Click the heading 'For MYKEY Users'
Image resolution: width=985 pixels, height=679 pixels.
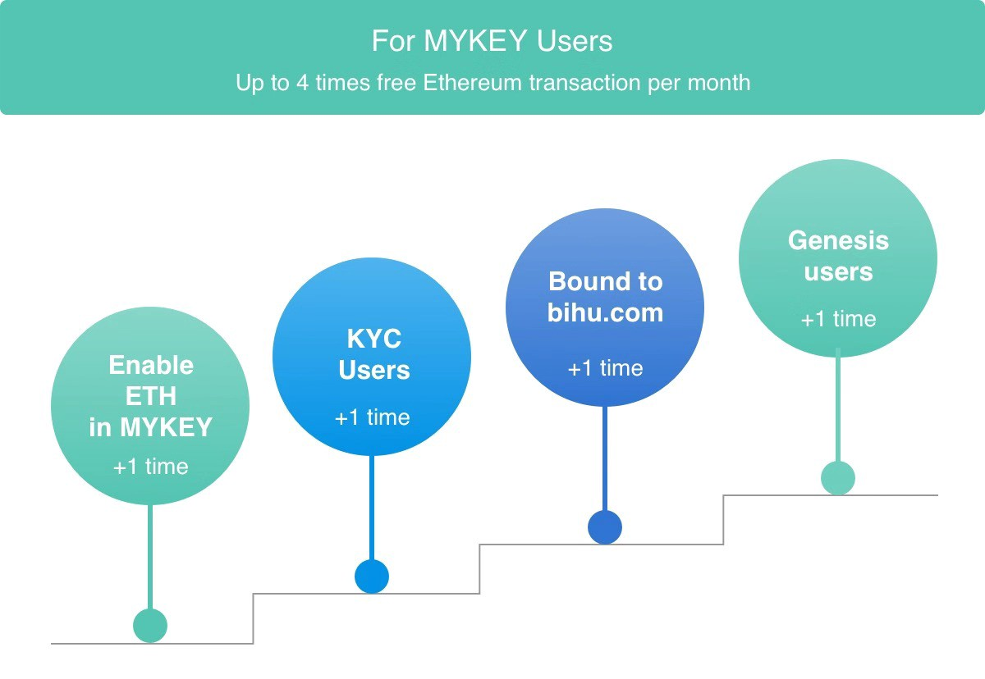pos(492,41)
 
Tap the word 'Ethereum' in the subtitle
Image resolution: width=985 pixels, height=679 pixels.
pos(472,83)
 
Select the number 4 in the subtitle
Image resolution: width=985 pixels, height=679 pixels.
pos(303,83)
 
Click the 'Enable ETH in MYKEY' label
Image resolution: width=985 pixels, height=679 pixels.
pos(150,396)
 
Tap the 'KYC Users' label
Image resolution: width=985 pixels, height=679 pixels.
pos(373,354)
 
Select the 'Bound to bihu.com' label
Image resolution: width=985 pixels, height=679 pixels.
pos(605,297)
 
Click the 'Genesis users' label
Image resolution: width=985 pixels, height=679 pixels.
pos(838,256)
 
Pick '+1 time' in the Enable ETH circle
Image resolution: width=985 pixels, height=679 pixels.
pos(150,467)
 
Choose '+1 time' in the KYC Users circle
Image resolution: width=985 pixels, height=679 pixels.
pos(372,417)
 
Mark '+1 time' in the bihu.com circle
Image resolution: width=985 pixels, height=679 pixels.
pos(605,368)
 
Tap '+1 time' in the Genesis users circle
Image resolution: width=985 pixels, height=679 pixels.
pos(838,319)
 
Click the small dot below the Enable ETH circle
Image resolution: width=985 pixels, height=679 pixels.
pos(150,626)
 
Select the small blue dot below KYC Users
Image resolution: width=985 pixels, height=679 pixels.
pos(372,576)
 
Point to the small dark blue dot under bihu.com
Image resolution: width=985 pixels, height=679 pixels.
pos(605,527)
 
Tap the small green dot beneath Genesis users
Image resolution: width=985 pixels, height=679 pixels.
pos(838,478)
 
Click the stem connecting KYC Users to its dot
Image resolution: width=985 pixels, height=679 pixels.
pos(372,508)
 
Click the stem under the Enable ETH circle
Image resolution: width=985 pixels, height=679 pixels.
pos(150,557)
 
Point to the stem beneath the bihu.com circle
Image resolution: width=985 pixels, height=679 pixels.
pos(605,458)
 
